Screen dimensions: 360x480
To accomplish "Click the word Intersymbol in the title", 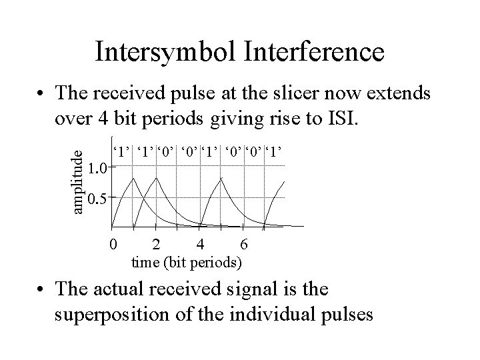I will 162,51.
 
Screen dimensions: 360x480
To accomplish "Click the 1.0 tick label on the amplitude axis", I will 97,167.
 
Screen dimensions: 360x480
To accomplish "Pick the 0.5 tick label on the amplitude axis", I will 97,198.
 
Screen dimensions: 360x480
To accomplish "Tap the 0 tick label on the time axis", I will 113,244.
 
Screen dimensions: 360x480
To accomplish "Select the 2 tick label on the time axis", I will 156,244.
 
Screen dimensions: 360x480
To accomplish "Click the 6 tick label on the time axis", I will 244,244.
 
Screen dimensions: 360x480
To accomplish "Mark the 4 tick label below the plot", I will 200,244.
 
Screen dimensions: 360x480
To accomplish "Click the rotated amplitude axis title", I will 78,181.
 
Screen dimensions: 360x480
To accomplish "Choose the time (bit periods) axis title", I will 187,261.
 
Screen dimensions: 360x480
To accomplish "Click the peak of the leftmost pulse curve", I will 135,179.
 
